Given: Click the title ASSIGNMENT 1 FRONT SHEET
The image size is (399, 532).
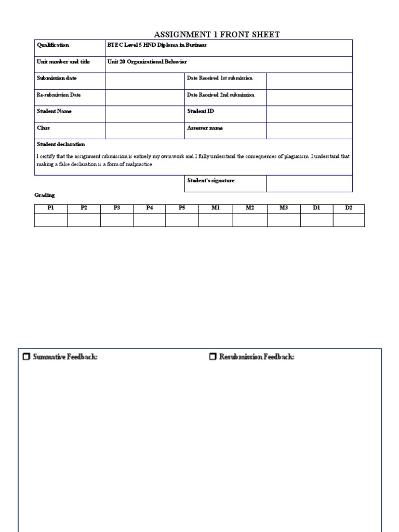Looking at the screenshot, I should tap(217, 35).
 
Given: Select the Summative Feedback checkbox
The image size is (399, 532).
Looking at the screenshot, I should tap(26, 357).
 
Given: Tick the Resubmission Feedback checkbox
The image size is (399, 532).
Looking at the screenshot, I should tap(212, 357).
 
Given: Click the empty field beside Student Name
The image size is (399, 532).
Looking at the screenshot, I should tap(144, 114).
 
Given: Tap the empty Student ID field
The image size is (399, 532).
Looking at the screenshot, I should tap(309, 114).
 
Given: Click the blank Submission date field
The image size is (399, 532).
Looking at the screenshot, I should tap(144, 81).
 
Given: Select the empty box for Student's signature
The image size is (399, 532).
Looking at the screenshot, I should tap(309, 183).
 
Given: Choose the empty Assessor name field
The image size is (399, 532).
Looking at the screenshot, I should tap(309, 131).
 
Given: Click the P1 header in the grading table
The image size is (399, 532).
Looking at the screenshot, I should tap(51, 208).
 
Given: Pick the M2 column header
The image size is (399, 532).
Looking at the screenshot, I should tap(250, 208).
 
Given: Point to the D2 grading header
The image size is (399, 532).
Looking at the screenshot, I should tap(349, 208).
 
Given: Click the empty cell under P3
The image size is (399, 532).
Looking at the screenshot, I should tap(117, 220).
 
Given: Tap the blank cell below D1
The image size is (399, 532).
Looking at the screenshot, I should tap(316, 220).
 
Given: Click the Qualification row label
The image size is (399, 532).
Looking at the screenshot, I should tap(53, 45).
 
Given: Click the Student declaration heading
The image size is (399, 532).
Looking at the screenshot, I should tap(61, 144).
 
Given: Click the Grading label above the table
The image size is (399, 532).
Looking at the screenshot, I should tap(45, 195).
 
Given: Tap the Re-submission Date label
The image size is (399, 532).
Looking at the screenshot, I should tap(59, 95).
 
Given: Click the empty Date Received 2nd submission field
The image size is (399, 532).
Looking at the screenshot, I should tap(309, 98).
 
